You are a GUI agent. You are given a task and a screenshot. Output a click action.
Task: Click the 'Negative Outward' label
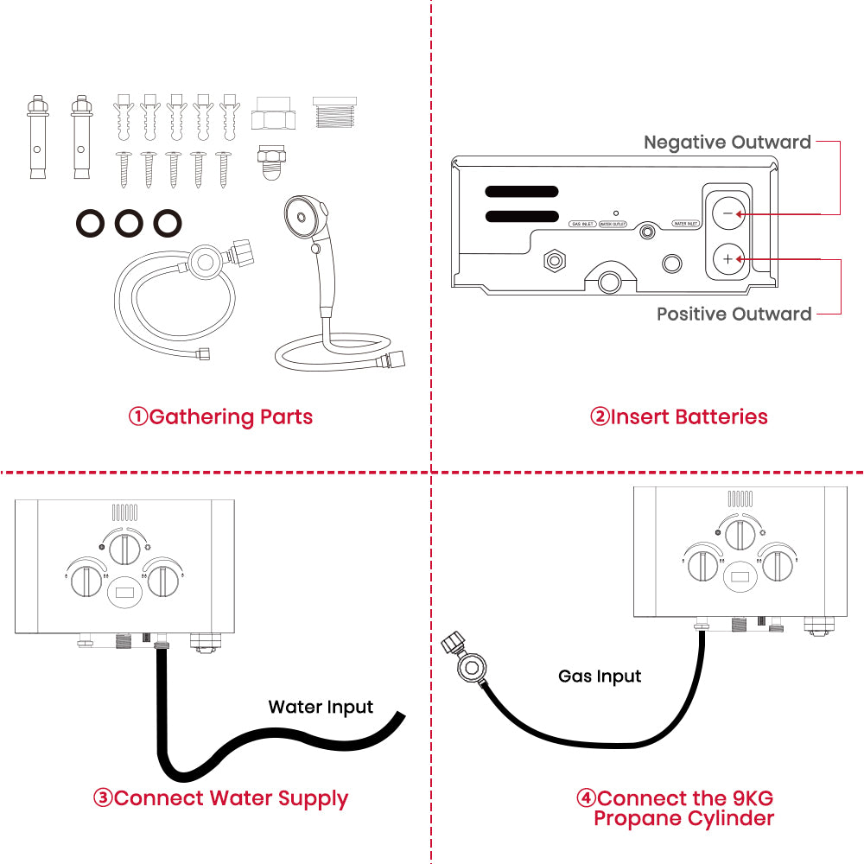coord(727,143)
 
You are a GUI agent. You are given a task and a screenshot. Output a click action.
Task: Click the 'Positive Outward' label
coord(734,314)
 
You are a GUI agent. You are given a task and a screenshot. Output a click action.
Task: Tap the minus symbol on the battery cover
coord(727,213)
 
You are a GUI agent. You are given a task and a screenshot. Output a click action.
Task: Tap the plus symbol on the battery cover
coord(727,258)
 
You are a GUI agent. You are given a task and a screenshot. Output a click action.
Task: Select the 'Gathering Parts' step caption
coord(221,417)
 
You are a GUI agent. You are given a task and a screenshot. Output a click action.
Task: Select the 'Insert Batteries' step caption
coord(679,417)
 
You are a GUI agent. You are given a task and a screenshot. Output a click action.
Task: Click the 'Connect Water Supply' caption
coord(220,797)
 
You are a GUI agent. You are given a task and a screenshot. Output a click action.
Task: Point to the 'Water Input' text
coord(321,708)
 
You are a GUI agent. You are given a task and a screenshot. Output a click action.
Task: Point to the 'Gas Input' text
coord(600,676)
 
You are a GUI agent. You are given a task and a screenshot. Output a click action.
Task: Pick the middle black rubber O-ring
coord(129,224)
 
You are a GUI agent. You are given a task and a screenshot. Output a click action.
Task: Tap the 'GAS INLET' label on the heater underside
coord(582,224)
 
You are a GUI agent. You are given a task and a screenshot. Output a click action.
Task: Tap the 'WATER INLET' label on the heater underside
coord(686,224)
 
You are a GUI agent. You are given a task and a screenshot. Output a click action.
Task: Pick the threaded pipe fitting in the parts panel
coord(334,114)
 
